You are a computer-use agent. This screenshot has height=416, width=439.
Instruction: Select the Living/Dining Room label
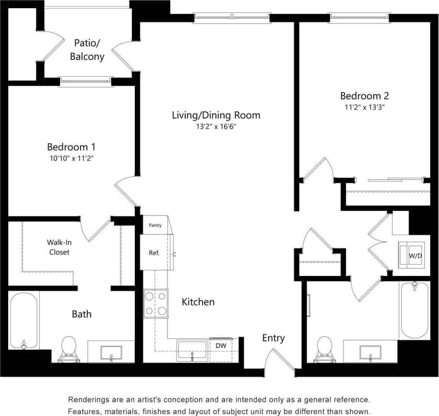click(216, 115)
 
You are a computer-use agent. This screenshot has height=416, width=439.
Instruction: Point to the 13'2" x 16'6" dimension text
click(216, 127)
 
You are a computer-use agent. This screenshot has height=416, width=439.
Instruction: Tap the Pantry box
click(155, 225)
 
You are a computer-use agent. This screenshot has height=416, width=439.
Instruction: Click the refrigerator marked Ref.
click(154, 252)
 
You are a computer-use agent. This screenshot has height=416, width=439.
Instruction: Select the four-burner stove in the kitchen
click(156, 304)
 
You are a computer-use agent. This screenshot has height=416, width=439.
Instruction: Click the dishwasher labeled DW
click(221, 345)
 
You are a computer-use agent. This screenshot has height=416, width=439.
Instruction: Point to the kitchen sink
click(192, 350)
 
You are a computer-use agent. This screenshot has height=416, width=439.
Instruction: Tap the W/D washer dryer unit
click(413, 255)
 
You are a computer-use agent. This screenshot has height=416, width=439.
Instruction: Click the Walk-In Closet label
click(58, 247)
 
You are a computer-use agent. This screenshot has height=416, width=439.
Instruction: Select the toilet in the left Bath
click(69, 349)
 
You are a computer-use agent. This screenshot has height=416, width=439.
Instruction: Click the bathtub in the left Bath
click(24, 320)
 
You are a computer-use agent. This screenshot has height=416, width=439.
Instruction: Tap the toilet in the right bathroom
click(325, 349)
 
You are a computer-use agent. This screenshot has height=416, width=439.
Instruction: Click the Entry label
click(273, 338)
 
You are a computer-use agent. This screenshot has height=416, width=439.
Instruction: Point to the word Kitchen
click(198, 302)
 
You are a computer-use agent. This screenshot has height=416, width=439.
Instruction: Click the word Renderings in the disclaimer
click(90, 399)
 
